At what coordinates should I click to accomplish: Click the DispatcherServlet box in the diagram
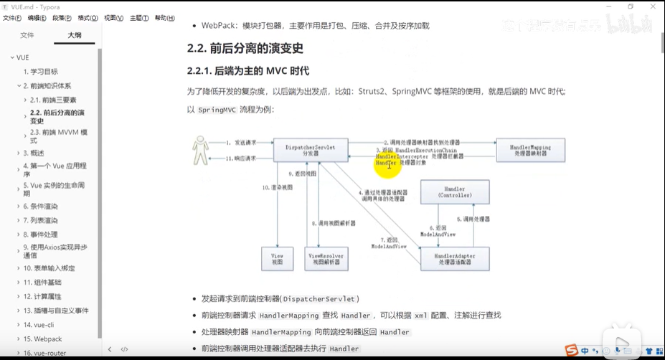click(311, 149)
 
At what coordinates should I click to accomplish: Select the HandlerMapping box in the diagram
click(530, 149)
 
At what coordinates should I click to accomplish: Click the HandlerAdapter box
click(454, 258)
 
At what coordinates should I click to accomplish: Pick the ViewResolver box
click(326, 258)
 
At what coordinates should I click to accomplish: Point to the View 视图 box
click(277, 258)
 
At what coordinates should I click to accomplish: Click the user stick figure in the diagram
click(202, 151)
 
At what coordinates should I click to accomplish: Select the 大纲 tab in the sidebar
click(75, 34)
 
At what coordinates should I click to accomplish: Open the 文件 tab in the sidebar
click(27, 34)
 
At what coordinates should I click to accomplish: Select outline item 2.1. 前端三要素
click(59, 100)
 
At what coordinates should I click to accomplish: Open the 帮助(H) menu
click(164, 18)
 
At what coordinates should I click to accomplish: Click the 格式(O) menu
click(88, 18)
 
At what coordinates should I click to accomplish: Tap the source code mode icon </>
click(124, 349)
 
